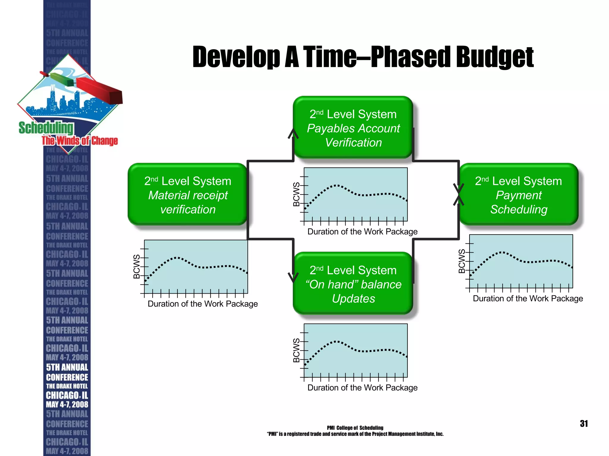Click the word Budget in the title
pos(495,57)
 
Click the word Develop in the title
pos(236,57)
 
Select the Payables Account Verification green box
pos(353,128)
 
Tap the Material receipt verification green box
pos(187,194)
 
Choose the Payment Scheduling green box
pos(519,194)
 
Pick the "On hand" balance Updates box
pos(353,284)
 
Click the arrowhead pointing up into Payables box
pos(293,134)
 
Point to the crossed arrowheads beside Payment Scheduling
pos(458,194)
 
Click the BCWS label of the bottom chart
pos(296,350)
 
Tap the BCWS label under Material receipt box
pos(136,266)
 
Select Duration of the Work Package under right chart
pos(528,298)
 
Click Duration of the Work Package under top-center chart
pos(362,232)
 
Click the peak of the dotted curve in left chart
pos(177,258)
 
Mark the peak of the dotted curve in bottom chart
pos(336,341)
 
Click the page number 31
pos(584,423)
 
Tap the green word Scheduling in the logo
pos(46,128)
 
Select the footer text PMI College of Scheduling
pos(355,428)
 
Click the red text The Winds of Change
pos(80,140)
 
